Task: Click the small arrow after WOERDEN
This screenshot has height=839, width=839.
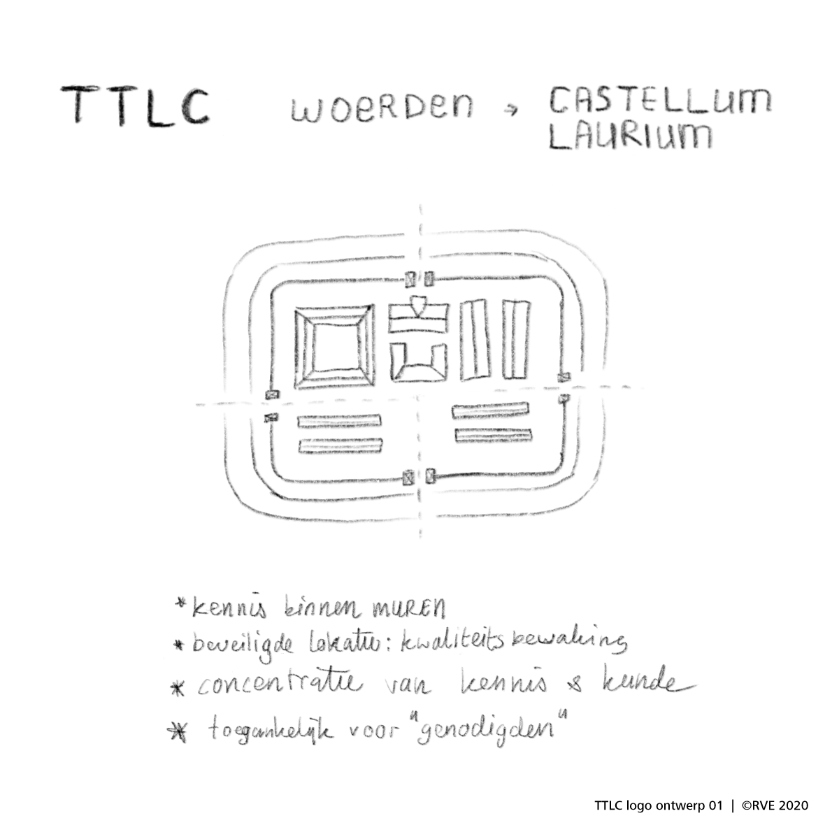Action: (x=515, y=109)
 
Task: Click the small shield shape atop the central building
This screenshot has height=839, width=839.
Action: (x=418, y=305)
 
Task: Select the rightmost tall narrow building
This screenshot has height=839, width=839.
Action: (x=517, y=340)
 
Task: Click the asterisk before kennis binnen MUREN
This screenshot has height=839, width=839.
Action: (x=182, y=603)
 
